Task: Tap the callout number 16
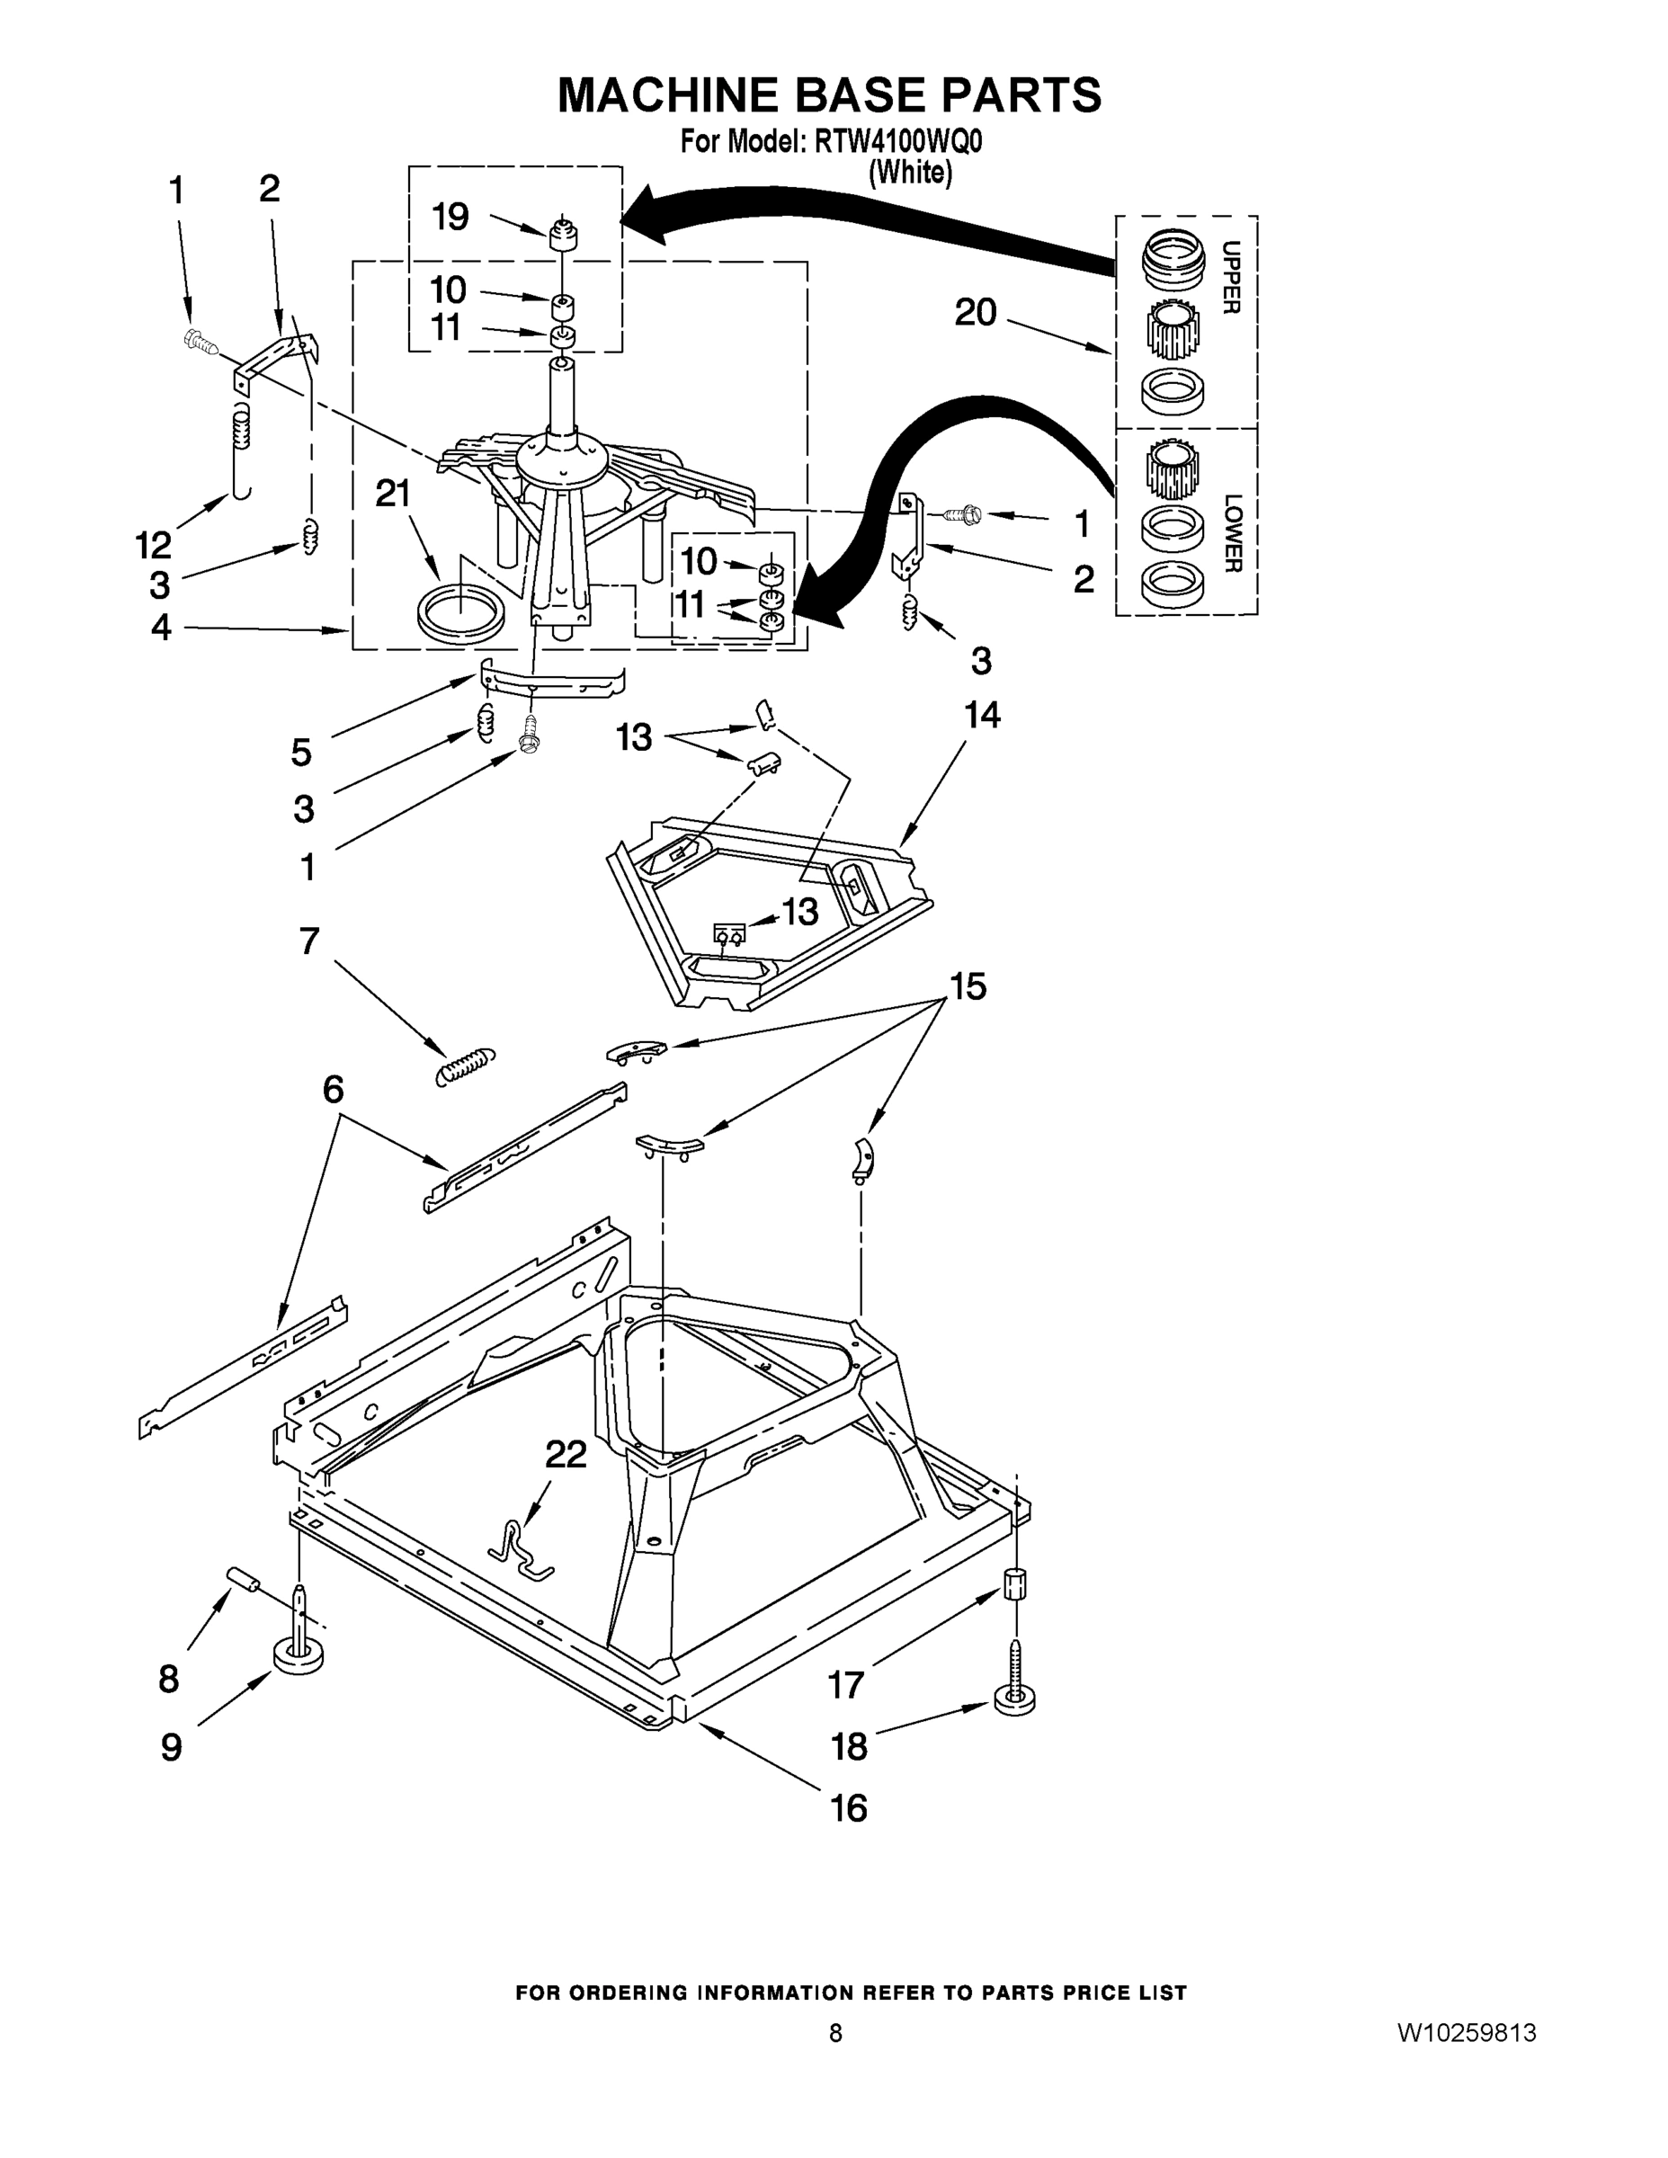click(849, 1808)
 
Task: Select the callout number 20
click(976, 312)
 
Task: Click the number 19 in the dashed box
click(450, 217)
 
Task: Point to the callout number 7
click(309, 941)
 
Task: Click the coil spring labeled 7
click(466, 1067)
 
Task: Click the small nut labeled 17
click(1015, 1586)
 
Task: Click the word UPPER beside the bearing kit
click(1230, 278)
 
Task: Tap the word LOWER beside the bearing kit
click(1230, 532)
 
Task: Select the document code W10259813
click(1467, 2032)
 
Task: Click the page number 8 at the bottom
click(835, 2032)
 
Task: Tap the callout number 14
click(981, 715)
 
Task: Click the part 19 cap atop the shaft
click(562, 236)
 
